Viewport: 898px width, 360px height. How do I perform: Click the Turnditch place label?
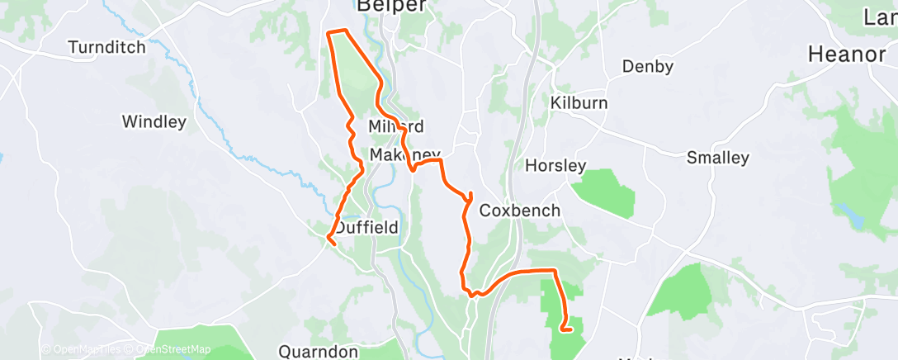pos(107,47)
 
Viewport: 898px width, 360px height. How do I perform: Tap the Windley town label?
pos(154,122)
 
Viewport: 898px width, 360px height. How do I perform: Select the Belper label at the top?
pos(391,7)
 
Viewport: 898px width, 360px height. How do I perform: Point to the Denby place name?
pos(648,66)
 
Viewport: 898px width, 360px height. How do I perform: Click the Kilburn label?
pos(579,103)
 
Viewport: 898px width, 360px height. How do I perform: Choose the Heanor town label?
pos(846,54)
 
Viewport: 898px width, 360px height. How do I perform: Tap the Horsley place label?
pos(555,165)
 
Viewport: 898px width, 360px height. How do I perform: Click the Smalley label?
pos(717,157)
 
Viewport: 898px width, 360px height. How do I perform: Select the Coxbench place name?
pos(519,211)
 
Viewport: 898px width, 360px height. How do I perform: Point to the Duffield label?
pos(366,227)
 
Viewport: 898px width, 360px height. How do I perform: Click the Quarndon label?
pos(318,352)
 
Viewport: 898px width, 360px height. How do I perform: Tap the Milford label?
pos(396,126)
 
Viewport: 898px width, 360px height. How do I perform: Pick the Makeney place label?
pos(405,155)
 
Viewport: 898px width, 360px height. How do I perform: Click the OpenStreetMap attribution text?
pos(173,349)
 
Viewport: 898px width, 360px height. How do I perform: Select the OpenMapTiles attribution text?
pos(85,349)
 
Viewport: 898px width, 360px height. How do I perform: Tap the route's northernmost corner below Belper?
pos(330,32)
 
